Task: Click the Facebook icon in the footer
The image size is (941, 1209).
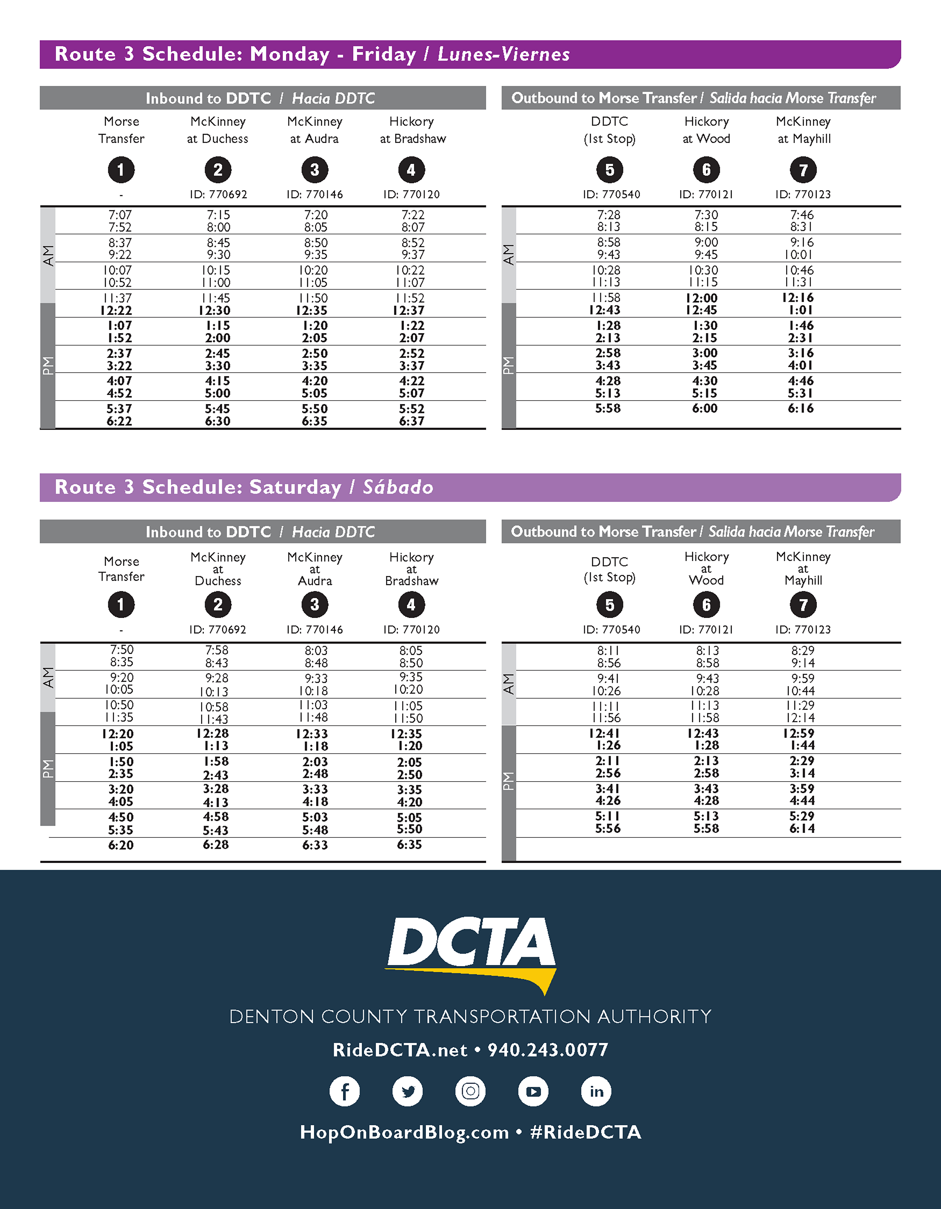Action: [344, 1091]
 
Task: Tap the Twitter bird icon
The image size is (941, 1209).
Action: [408, 1091]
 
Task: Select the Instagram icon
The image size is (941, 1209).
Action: [470, 1091]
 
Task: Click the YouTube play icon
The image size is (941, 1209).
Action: [533, 1091]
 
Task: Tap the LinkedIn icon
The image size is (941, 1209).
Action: [596, 1091]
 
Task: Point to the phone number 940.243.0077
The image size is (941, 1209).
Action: [548, 1050]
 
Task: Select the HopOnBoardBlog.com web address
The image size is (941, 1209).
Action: [404, 1132]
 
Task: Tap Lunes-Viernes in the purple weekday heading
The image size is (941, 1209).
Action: [503, 54]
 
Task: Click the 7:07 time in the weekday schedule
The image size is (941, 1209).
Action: [120, 215]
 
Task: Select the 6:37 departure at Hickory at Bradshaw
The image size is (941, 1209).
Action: [412, 421]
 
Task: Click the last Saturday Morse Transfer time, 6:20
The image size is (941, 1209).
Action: [121, 845]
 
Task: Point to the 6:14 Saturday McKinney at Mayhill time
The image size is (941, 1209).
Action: [802, 828]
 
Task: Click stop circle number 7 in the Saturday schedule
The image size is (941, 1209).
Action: [803, 605]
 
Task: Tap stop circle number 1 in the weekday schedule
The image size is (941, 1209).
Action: [121, 169]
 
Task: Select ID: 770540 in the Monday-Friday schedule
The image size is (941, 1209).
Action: [611, 194]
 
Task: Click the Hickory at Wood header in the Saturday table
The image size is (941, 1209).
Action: [706, 568]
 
